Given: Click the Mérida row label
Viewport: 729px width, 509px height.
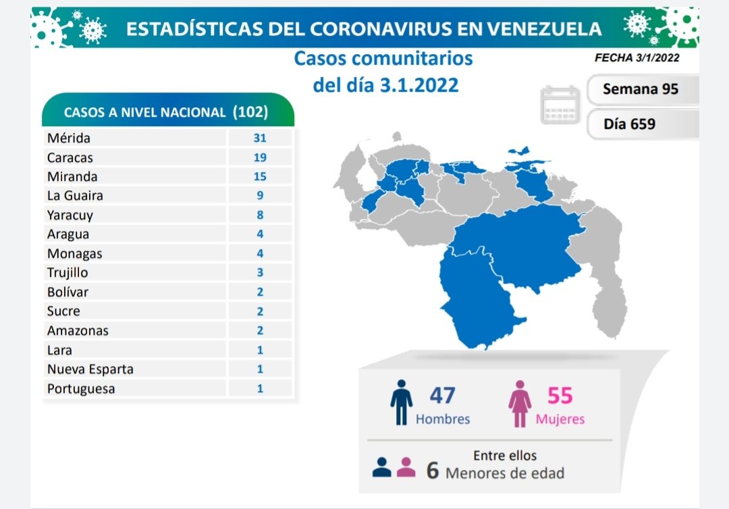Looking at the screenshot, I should (x=69, y=138).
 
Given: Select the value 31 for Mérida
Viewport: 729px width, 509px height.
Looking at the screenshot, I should (x=260, y=138).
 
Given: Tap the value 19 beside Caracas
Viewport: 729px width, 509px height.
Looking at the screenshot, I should (x=260, y=157).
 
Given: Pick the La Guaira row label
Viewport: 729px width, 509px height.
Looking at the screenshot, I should (x=75, y=196).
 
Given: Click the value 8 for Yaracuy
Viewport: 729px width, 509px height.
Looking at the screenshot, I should (x=260, y=215).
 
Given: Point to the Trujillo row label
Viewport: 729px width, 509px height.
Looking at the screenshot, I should (x=67, y=273).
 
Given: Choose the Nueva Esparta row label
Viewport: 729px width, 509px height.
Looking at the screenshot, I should (x=90, y=369).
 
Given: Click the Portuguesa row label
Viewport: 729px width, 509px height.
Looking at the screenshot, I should (x=81, y=389).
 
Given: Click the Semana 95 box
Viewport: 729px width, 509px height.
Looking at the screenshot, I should (x=640, y=88).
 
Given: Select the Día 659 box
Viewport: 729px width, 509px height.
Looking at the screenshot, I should (x=629, y=124).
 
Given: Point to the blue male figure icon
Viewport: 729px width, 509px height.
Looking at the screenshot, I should (x=401, y=402).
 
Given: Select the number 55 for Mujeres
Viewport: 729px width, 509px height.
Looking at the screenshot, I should (x=560, y=396).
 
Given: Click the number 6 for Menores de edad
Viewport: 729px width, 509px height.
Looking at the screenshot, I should (x=433, y=471).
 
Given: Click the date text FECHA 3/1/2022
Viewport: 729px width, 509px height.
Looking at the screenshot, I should (x=637, y=58).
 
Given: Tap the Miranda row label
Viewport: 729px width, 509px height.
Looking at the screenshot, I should (x=72, y=176).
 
